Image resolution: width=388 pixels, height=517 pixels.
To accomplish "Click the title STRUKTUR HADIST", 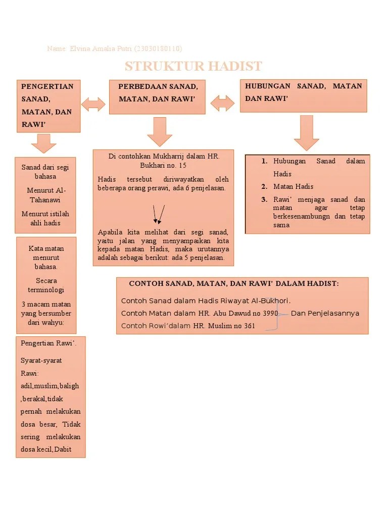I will (x=193, y=66).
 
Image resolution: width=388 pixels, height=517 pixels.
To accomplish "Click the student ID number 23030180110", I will (x=158, y=48).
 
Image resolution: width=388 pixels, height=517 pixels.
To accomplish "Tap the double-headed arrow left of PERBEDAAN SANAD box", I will (x=93, y=104).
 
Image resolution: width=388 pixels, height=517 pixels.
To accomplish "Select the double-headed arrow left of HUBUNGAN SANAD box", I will (x=222, y=103).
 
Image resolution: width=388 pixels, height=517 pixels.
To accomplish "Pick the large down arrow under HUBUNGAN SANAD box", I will (x=306, y=132).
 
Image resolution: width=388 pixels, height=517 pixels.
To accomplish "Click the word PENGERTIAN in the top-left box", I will (x=47, y=86).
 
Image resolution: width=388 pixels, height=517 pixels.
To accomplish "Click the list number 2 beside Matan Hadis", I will (x=264, y=186).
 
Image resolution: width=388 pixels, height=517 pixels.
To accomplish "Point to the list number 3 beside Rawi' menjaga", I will (x=264, y=199).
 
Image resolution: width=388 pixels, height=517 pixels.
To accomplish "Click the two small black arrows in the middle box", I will (x=159, y=214).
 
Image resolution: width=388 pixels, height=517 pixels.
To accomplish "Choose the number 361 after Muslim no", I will (x=249, y=326).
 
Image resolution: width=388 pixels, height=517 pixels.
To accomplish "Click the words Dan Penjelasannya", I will (x=325, y=313).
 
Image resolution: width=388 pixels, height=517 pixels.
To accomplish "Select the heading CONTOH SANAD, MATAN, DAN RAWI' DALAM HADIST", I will (x=234, y=284).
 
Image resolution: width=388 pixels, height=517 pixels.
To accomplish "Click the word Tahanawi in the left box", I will (x=46, y=199).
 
